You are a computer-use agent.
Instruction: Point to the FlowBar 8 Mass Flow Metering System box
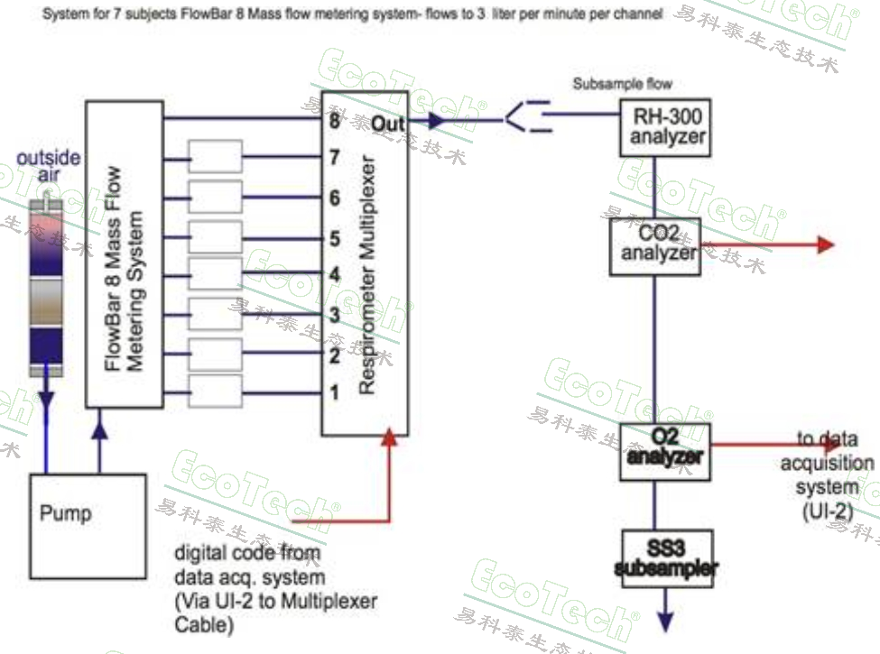(x=125, y=253)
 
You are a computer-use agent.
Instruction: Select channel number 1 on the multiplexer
(x=334, y=392)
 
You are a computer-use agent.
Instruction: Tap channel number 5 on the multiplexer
(x=334, y=238)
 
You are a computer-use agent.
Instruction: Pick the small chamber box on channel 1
(x=215, y=391)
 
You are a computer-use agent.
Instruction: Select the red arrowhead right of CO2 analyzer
(x=825, y=244)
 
